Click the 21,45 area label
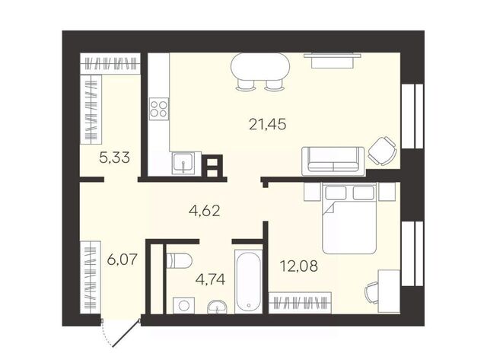pyautogui.click(x=267, y=125)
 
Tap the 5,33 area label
pyautogui.click(x=114, y=158)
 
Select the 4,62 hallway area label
pyautogui.click(x=205, y=211)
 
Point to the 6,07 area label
pyautogui.click(x=122, y=260)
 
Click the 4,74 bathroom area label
pyautogui.click(x=210, y=279)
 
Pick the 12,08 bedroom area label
pyautogui.click(x=299, y=266)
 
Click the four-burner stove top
pyautogui.click(x=159, y=109)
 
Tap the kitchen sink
pyautogui.click(x=183, y=163)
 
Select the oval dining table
pyautogui.click(x=260, y=67)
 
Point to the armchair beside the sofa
pyautogui.click(x=382, y=151)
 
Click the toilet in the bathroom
pyautogui.click(x=179, y=260)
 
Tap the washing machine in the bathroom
pyautogui.click(x=184, y=305)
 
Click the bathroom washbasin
pyautogui.click(x=217, y=307)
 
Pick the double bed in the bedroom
pyautogui.click(x=349, y=218)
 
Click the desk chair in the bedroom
pyautogui.click(x=371, y=292)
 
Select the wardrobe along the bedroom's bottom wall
pyautogui.click(x=300, y=302)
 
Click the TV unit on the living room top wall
pyautogui.click(x=333, y=60)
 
